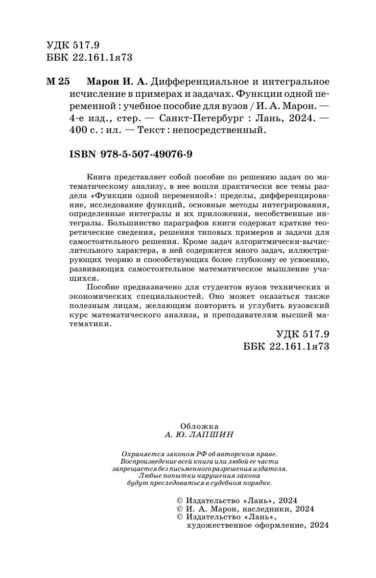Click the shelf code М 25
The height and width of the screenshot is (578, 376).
(x=58, y=81)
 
